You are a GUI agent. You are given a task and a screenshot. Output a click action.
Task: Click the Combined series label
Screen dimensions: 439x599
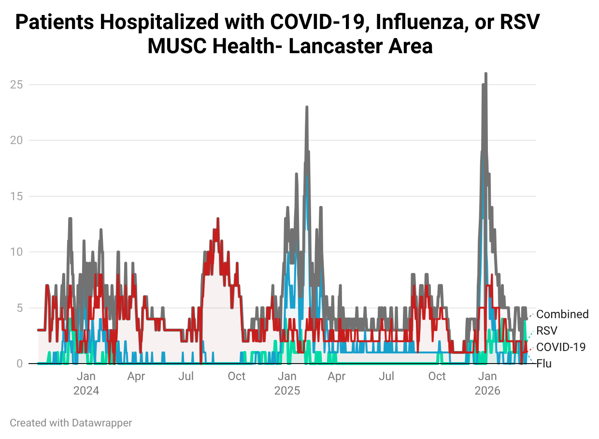[x=562, y=314]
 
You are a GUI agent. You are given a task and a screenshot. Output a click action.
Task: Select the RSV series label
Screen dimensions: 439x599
[x=547, y=331]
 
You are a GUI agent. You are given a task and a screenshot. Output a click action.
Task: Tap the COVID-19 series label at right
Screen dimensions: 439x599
[x=561, y=347]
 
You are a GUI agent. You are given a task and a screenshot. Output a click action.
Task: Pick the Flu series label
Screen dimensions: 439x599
[x=544, y=364]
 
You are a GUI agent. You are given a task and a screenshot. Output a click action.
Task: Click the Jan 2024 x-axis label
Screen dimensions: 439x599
[x=86, y=383]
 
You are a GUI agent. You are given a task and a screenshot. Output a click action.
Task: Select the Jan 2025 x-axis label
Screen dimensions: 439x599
[x=287, y=383]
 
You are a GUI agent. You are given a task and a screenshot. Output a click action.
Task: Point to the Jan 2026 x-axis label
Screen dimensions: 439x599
[x=487, y=383]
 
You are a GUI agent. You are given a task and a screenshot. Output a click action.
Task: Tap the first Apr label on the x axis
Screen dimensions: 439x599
[x=136, y=376]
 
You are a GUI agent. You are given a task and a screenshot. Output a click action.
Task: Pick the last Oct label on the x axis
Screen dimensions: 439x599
[x=437, y=376]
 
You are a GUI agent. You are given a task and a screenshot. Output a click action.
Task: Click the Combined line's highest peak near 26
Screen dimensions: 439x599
[x=485, y=74]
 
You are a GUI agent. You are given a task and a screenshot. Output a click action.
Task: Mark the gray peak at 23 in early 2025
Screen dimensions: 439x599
[x=307, y=107]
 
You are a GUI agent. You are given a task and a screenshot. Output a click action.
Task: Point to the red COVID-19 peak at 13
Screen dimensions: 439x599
[x=218, y=219]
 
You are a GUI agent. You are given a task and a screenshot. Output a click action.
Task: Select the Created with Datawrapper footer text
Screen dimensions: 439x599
[x=71, y=423]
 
